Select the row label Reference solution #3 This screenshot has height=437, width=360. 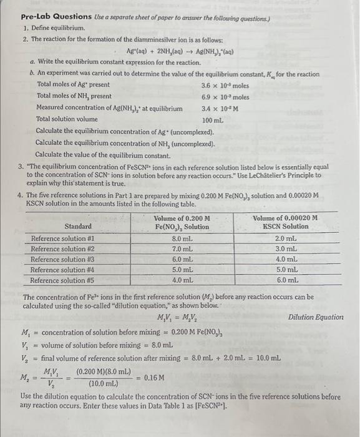click(x=63, y=259)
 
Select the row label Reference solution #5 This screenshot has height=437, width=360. click(x=63, y=280)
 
